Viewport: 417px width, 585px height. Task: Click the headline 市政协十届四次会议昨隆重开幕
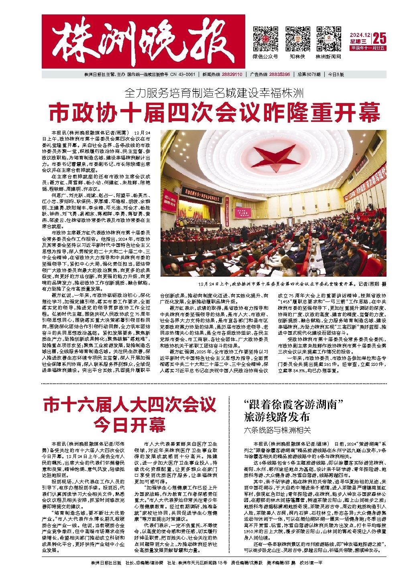tap(214, 113)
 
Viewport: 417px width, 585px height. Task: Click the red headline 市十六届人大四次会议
tap(130, 404)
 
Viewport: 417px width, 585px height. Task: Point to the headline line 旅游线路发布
tap(277, 417)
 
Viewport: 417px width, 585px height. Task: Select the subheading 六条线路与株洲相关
tap(277, 430)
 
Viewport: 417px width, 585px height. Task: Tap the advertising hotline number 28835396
tap(280, 75)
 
